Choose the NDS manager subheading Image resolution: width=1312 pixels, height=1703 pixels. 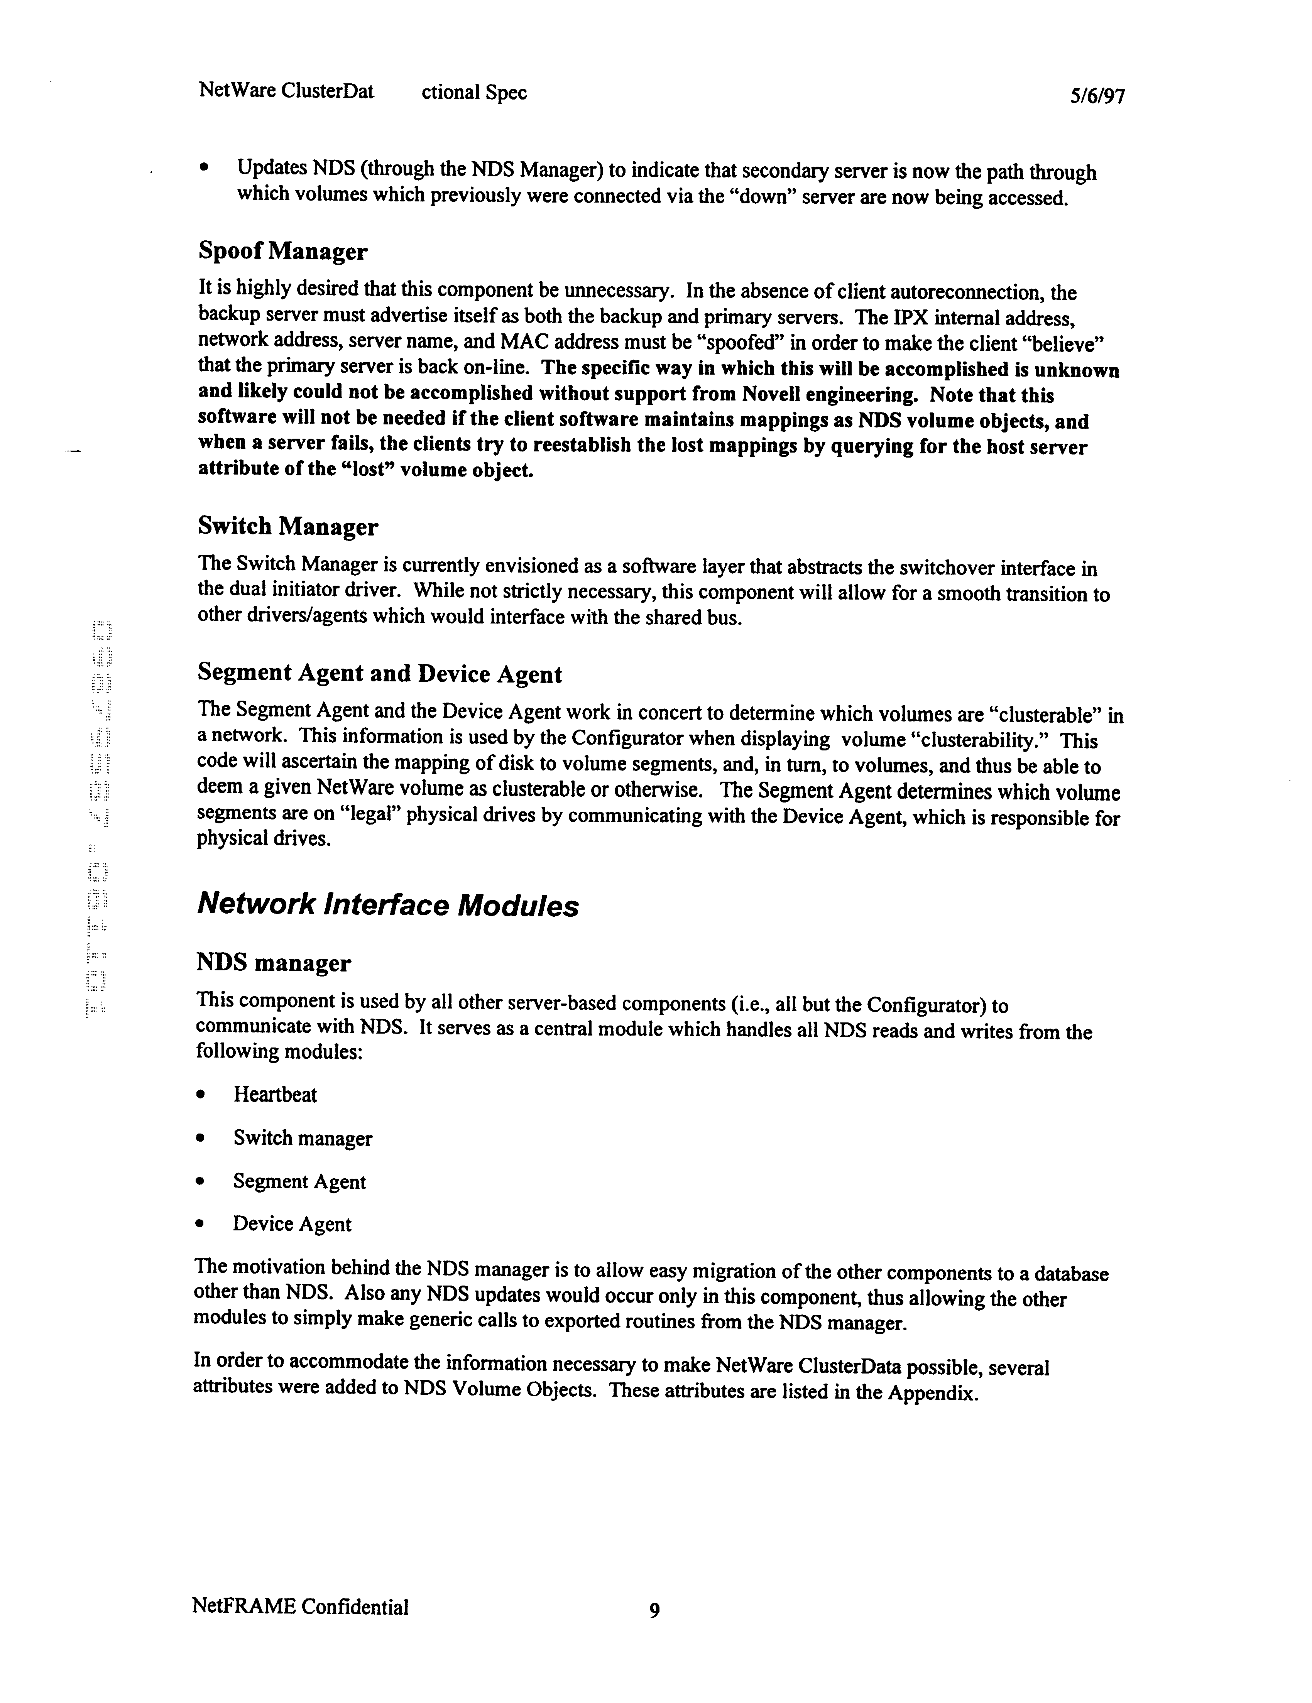[273, 963]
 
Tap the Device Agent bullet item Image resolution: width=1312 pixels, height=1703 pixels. [292, 1224]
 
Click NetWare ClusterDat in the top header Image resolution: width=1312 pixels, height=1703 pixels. [286, 91]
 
